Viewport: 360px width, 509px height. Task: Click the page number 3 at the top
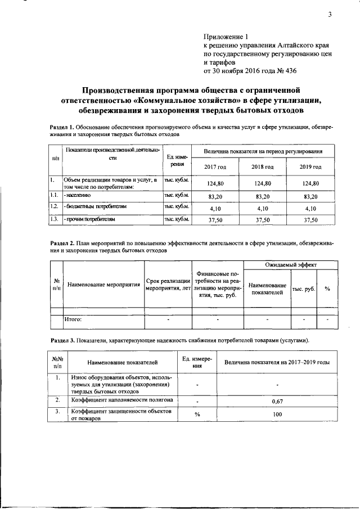coord(330,15)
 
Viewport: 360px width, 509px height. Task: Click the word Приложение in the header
coord(222,35)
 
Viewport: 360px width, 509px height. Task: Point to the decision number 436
coord(289,71)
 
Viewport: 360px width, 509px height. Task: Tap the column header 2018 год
coord(263,167)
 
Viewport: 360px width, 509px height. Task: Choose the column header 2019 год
coord(310,167)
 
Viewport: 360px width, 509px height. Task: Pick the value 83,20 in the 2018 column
coord(263,196)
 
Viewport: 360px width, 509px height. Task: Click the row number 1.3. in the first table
coord(55,219)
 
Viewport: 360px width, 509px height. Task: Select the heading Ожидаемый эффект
coord(291,264)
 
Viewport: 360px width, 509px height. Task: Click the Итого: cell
coord(74,319)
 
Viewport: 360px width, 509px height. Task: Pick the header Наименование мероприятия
coord(103,285)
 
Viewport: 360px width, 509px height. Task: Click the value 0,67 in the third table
coord(277,402)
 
